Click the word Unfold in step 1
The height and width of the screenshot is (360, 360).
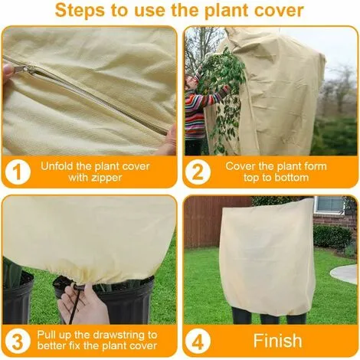click(62, 165)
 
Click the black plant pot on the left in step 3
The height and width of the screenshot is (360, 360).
click(19, 295)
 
